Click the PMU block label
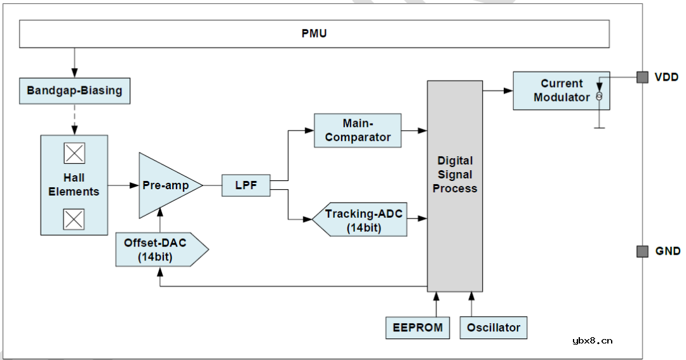point(314,34)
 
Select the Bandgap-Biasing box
point(74,91)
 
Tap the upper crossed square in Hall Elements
point(74,154)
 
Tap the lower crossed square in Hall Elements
point(74,219)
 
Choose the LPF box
point(246,185)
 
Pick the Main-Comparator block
point(358,130)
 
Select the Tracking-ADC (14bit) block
point(362,220)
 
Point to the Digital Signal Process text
point(455,175)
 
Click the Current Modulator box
point(561,90)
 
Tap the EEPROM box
point(417,328)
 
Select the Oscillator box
point(494,328)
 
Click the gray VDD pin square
point(642,77)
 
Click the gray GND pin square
point(642,251)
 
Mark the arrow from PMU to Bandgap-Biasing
point(74,63)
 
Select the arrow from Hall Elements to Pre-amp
point(123,185)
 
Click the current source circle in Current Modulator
point(598,97)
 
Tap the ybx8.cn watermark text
point(592,340)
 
